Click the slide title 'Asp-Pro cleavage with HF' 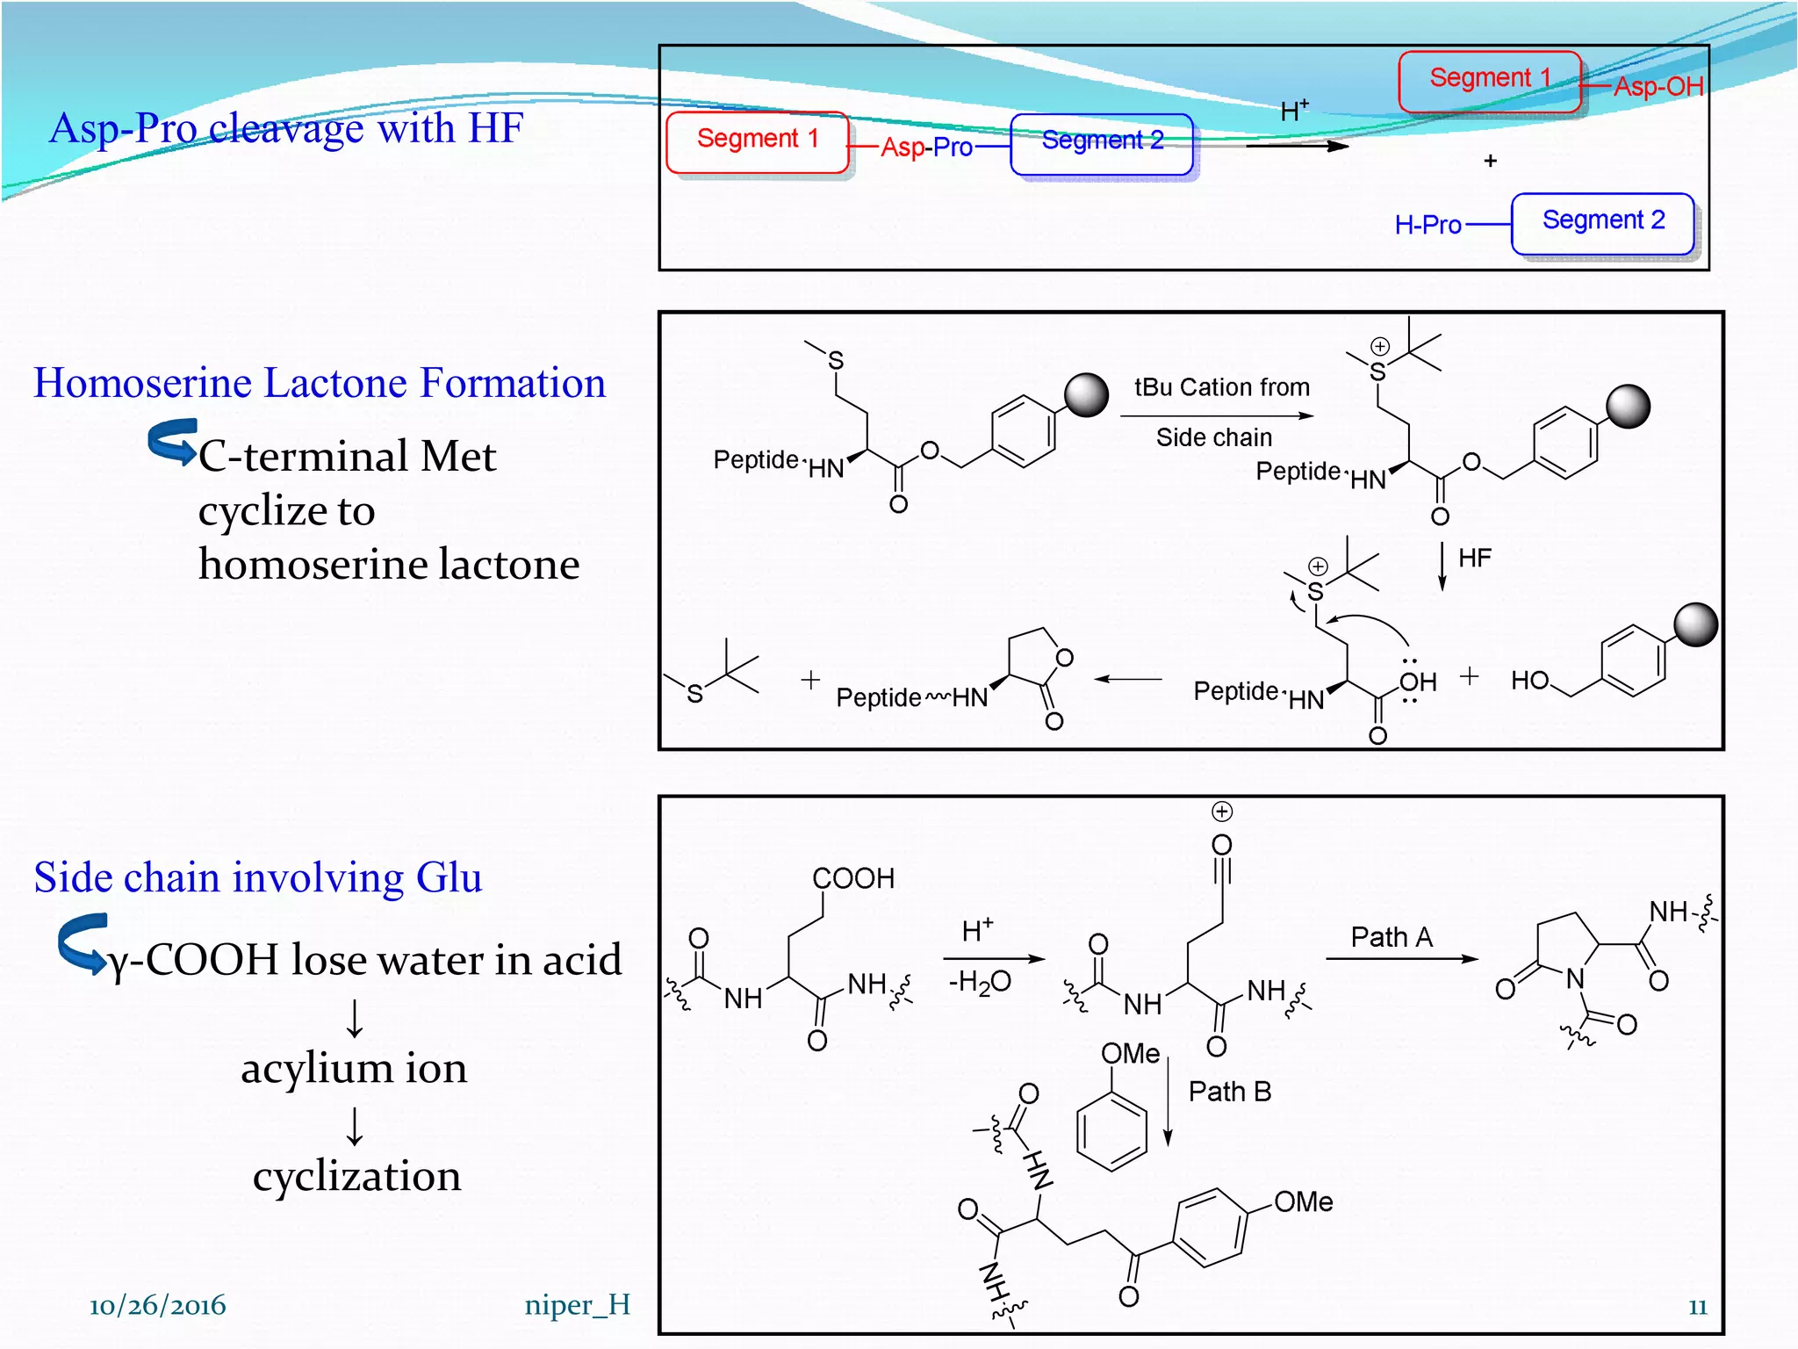(x=286, y=128)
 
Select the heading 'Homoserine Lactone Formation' (x=320, y=383)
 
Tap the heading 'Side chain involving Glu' (x=258, y=877)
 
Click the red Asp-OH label (x=1658, y=86)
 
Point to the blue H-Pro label (x=1428, y=225)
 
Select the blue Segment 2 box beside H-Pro (x=1603, y=221)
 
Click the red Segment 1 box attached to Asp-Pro (x=758, y=140)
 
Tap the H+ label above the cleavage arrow (x=1294, y=111)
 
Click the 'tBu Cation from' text (x=1221, y=387)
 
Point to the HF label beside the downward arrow (x=1474, y=559)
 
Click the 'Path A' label (x=1392, y=937)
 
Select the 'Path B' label (x=1229, y=1092)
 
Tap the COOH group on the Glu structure (x=852, y=878)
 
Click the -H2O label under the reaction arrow (x=980, y=982)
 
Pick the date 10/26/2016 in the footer (x=157, y=1305)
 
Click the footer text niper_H (x=577, y=1305)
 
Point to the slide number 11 (x=1697, y=1307)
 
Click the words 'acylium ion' (x=354, y=1068)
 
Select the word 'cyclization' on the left (x=356, y=1175)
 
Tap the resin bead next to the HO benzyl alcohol (x=1695, y=625)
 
